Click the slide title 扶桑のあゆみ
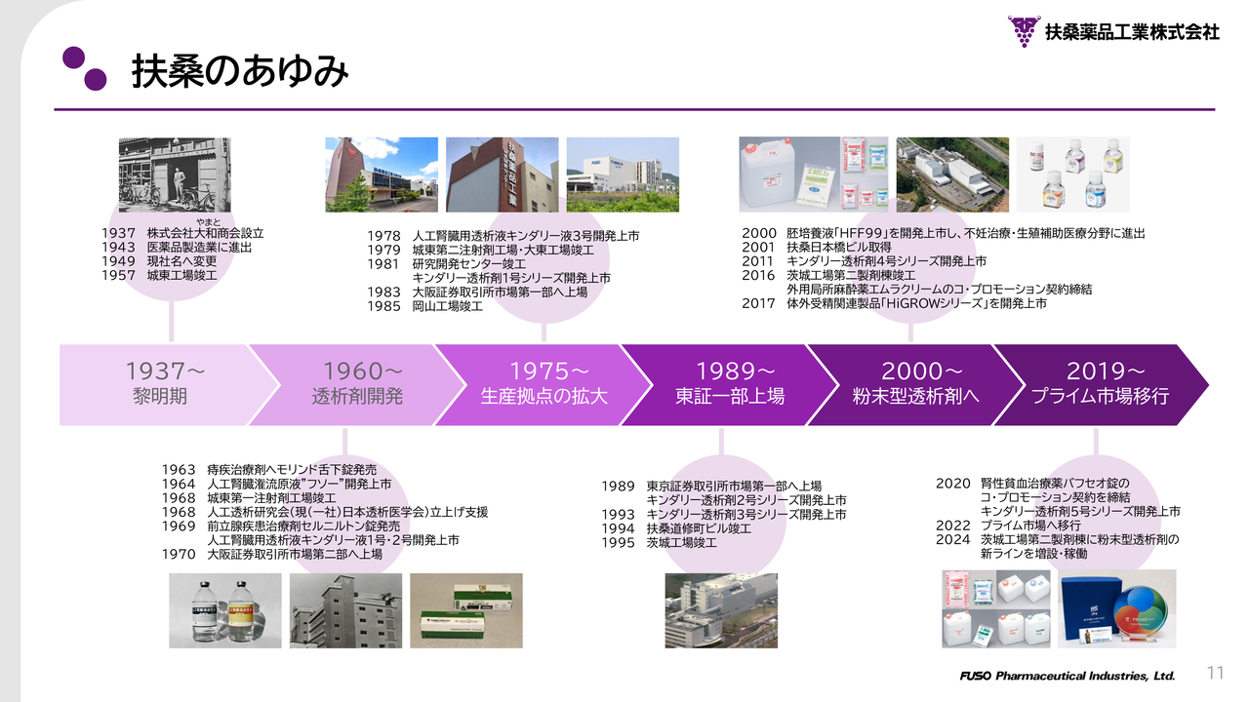pyautogui.click(x=240, y=71)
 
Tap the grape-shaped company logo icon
pyautogui.click(x=1024, y=31)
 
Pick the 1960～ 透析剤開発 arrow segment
pyautogui.click(x=357, y=385)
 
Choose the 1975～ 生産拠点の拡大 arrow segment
pyautogui.click(x=544, y=385)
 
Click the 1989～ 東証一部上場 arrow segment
pyautogui.click(x=730, y=385)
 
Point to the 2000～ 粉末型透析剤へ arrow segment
pyautogui.click(x=916, y=385)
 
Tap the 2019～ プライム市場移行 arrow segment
pyautogui.click(x=1102, y=385)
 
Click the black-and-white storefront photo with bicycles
pyautogui.click(x=175, y=175)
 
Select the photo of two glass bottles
pyautogui.click(x=225, y=610)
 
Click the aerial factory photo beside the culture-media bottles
pyautogui.click(x=952, y=175)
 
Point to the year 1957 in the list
pyautogui.click(x=118, y=275)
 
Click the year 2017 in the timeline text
pyautogui.click(x=758, y=303)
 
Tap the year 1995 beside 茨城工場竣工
pyautogui.click(x=618, y=543)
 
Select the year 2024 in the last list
pyautogui.click(x=953, y=539)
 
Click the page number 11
pyautogui.click(x=1215, y=673)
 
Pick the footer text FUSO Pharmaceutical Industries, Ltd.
pyautogui.click(x=1068, y=676)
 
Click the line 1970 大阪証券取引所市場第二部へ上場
pyautogui.click(x=272, y=555)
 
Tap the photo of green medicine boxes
pyautogui.click(x=466, y=610)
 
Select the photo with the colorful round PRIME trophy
pyautogui.click(x=1117, y=608)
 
